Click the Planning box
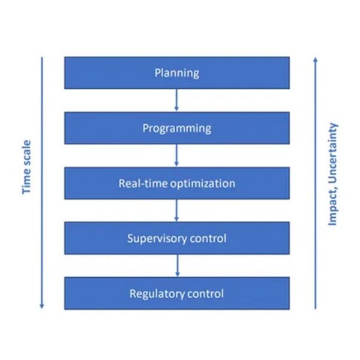click(177, 73)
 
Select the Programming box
click(177, 128)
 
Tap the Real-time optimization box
click(177, 183)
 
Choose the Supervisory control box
click(177, 238)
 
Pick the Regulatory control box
click(177, 293)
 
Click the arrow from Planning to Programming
click(176, 100)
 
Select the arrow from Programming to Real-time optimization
click(176, 155)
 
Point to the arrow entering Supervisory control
click(176, 211)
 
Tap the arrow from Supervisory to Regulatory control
click(177, 266)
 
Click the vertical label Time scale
click(26, 167)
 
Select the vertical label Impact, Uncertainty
click(332, 175)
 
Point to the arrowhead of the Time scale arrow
click(42, 306)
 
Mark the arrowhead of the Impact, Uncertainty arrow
click(316, 59)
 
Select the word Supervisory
click(157, 239)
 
